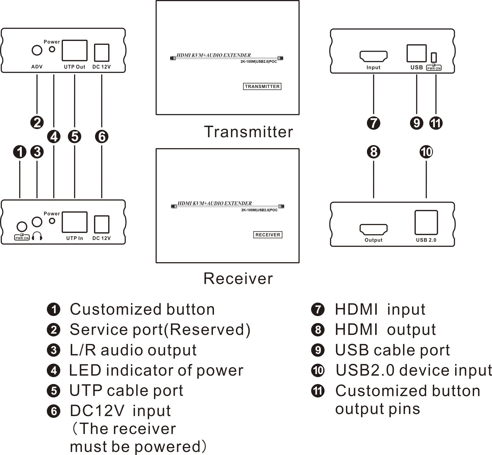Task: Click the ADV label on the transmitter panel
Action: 37,67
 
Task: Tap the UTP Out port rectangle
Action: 75,50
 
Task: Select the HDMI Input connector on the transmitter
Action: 373,56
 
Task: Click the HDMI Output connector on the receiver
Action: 373,230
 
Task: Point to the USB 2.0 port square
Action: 426,223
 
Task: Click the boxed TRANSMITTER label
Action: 262,87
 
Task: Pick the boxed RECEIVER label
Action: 268,235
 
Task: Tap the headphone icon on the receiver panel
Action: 37,236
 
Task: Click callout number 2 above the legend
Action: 37,122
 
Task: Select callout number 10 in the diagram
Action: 426,152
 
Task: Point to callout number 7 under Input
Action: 373,123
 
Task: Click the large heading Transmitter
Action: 248,132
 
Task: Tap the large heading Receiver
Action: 238,279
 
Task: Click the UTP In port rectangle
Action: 75,222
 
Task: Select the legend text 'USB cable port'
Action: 392,350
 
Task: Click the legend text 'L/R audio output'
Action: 133,350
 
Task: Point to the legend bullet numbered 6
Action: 54,411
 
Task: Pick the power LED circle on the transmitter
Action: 52,49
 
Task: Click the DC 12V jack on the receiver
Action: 102,224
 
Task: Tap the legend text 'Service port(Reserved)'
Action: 160,330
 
